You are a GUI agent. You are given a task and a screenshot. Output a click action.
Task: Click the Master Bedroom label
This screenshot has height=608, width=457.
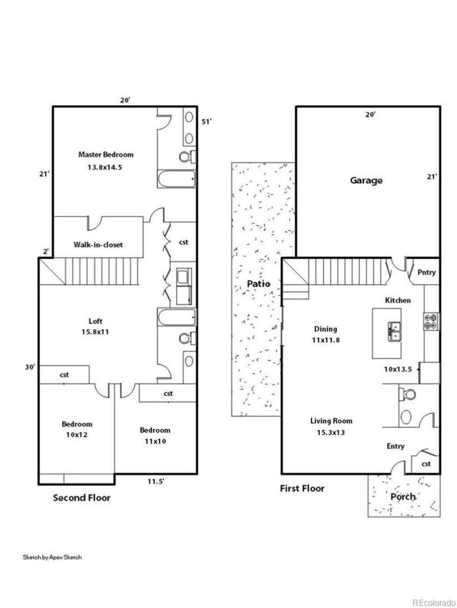[106, 154]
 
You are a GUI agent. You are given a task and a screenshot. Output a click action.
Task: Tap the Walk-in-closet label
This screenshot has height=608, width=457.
[98, 245]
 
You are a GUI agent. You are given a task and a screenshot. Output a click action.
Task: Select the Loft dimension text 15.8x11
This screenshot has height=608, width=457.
[95, 332]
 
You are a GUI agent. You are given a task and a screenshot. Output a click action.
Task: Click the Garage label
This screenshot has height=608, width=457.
[366, 181]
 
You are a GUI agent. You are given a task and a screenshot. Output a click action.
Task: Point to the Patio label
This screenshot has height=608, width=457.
[258, 283]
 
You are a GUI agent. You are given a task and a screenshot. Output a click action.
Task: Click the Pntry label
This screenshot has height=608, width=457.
[427, 273]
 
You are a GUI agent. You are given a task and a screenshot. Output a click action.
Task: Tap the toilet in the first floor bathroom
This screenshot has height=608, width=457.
[407, 394]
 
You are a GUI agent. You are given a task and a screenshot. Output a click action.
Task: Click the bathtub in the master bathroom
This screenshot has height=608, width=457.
[177, 179]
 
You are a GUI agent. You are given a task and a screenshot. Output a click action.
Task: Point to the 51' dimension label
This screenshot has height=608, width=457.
[206, 122]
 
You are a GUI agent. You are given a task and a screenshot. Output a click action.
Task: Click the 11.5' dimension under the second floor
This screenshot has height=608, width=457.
[156, 482]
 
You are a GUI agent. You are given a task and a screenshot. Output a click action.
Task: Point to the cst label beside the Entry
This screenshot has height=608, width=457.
[426, 463]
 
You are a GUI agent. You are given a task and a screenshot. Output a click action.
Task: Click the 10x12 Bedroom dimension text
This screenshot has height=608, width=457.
[77, 435]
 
